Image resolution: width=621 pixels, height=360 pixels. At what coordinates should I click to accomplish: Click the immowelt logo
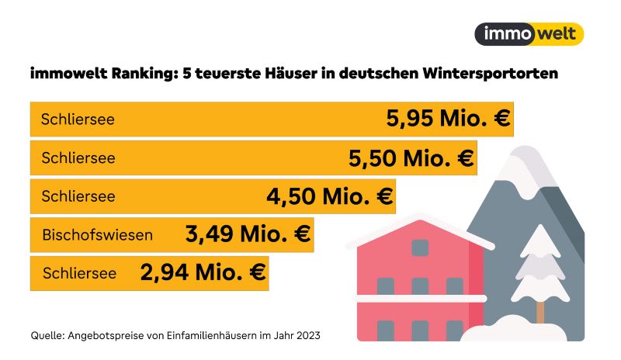point(528,34)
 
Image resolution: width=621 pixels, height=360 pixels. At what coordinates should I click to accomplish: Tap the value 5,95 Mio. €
point(448,119)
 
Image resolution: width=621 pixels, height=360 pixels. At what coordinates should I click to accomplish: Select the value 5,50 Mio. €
point(411,158)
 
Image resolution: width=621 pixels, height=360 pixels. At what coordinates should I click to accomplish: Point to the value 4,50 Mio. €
point(330,196)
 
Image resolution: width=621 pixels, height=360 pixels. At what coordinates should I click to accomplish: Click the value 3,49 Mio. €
point(248,233)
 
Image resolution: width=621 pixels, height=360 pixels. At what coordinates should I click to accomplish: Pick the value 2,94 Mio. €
point(203,272)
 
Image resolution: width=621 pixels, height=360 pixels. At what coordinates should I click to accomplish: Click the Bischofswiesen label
point(98,234)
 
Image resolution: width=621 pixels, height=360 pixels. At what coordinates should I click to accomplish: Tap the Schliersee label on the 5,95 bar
point(78,120)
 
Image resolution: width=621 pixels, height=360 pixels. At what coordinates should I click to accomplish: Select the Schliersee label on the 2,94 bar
point(79,273)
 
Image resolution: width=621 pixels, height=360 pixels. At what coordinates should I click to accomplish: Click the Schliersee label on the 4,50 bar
point(78,196)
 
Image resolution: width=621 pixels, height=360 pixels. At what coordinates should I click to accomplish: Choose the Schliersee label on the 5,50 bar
point(78,158)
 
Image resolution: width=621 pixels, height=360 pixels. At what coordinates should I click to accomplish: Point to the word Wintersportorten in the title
point(491,75)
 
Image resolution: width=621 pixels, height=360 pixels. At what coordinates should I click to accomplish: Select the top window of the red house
point(420,248)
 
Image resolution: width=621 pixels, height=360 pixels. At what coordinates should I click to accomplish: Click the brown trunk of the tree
point(539,311)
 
